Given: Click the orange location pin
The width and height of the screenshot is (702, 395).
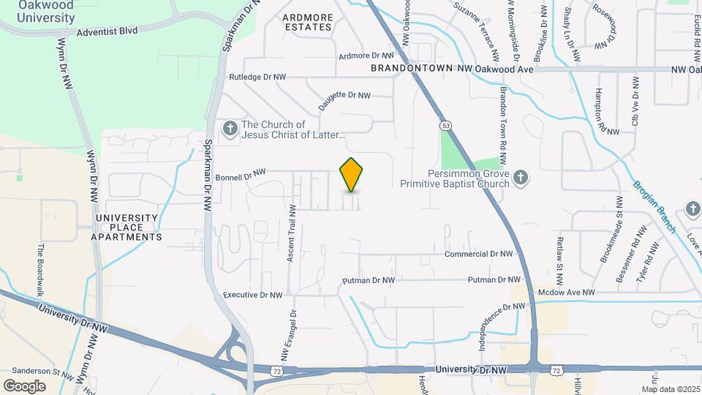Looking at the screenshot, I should (x=352, y=175).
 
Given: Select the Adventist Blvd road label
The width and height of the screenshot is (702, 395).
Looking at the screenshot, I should (x=107, y=32).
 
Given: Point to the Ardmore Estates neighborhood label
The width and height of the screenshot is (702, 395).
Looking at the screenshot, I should (x=308, y=22).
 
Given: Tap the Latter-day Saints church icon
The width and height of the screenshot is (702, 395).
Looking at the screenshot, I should (x=230, y=129).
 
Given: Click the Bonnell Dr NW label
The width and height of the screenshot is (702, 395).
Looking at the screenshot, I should (x=241, y=176).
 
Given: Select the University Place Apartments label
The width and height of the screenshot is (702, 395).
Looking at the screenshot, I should (x=127, y=227).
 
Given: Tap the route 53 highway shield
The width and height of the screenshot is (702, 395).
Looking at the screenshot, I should (x=445, y=125).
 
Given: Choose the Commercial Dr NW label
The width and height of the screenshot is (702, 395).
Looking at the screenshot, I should (x=480, y=254).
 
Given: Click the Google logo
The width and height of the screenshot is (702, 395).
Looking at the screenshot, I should (x=24, y=385).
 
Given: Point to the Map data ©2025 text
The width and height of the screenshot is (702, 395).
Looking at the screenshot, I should (x=671, y=389).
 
